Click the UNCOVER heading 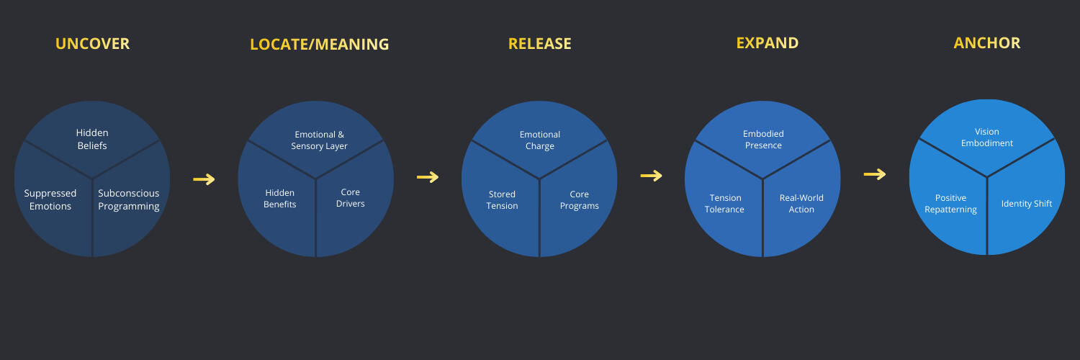tap(92, 44)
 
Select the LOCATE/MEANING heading tap(319, 45)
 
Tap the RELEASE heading tap(539, 44)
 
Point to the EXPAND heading tap(767, 43)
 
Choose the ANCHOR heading tap(986, 43)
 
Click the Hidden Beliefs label tap(92, 139)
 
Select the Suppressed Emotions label tap(50, 199)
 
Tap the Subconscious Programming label tap(129, 199)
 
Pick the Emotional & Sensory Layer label tap(319, 140)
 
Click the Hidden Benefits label tap(280, 198)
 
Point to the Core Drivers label tap(351, 198)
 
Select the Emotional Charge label tap(539, 140)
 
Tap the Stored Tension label tap(502, 200)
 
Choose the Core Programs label tap(579, 200)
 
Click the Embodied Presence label tap(763, 140)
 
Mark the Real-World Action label tap(801, 204)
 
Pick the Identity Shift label tap(1026, 204)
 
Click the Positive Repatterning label tap(950, 204)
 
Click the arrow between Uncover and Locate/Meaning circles tap(204, 179)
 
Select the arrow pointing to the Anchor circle tap(875, 174)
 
